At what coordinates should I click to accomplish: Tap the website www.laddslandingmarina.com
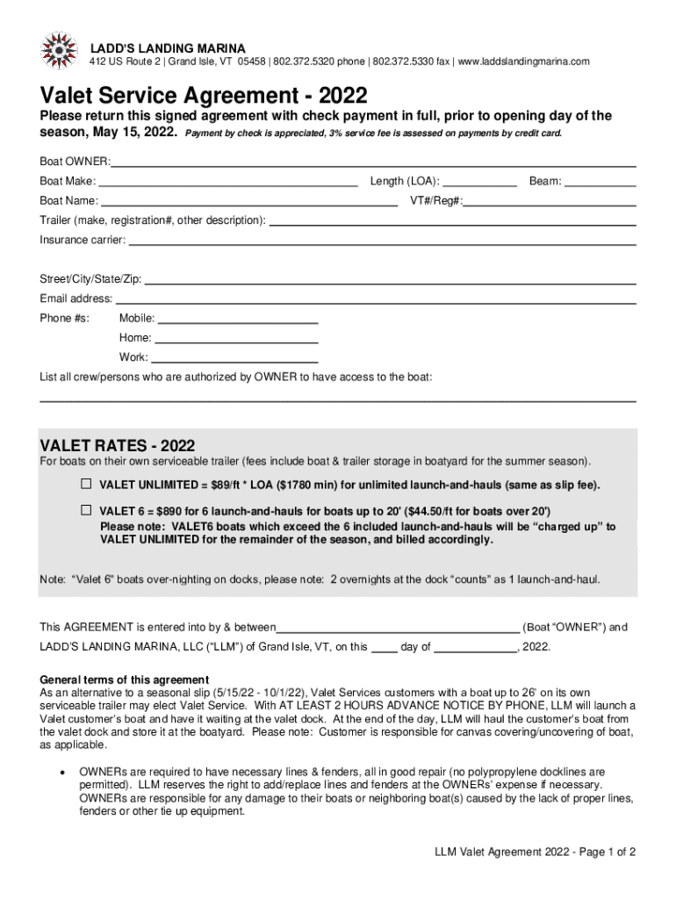(523, 61)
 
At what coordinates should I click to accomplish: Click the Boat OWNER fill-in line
(373, 163)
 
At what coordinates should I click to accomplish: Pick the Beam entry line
(600, 183)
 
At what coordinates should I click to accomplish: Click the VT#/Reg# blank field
(550, 202)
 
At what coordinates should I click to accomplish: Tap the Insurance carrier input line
(382, 241)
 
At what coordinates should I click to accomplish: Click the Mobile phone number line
(237, 320)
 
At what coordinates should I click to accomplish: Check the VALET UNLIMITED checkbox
(87, 484)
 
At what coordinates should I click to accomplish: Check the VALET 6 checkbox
(87, 510)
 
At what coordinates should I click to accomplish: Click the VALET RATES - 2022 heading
(118, 445)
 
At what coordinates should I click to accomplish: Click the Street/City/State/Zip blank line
(390, 281)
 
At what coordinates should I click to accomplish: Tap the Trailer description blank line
(452, 222)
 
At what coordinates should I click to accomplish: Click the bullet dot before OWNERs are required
(60, 773)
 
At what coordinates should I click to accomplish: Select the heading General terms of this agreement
(125, 680)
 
